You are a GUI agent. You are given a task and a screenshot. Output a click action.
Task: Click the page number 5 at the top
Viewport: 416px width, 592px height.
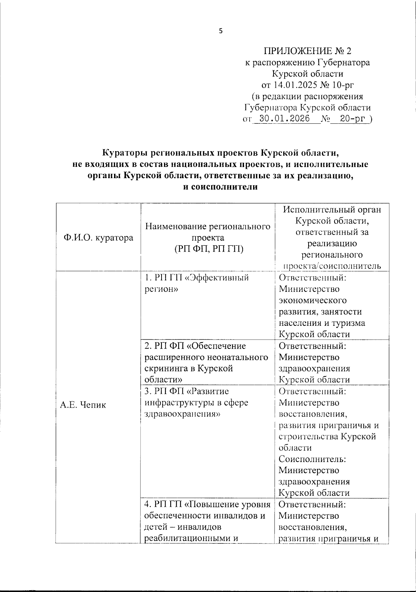(x=221, y=31)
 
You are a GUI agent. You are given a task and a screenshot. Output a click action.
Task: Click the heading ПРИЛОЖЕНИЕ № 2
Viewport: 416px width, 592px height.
(x=307, y=51)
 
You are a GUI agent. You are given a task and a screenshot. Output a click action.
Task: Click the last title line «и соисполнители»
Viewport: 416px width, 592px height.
(x=220, y=187)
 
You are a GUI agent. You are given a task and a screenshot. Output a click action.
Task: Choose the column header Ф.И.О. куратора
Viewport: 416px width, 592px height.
(x=98, y=238)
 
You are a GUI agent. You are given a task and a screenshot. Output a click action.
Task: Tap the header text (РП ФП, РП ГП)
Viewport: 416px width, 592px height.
(x=208, y=249)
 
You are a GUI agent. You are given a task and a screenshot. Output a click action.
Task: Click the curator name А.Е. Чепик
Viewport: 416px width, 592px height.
(x=83, y=405)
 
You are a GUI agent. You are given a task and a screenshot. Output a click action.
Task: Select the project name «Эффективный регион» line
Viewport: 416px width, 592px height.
(x=197, y=278)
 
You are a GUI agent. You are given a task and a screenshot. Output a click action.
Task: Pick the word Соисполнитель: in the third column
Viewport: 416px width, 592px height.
(x=312, y=459)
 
